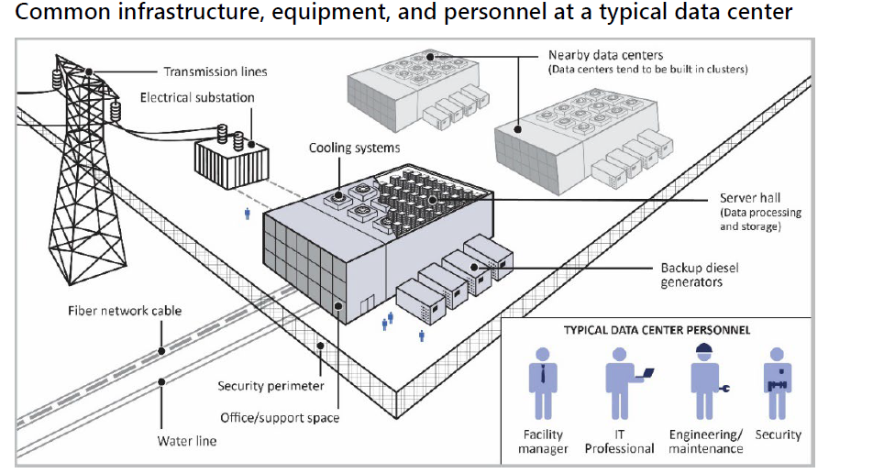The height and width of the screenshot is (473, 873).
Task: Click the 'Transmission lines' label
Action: coord(215,71)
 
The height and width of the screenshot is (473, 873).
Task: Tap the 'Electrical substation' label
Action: coord(197,97)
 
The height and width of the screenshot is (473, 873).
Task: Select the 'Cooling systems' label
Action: coord(354,148)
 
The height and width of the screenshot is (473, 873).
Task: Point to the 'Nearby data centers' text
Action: coord(605,55)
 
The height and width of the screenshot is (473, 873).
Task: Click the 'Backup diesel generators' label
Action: coord(700,275)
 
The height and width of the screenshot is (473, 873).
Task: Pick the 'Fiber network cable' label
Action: coord(125,311)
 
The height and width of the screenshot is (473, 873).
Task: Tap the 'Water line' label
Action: coord(187,441)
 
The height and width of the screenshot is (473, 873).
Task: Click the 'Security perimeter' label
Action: coord(271,386)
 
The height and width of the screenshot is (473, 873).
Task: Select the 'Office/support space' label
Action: coord(280,418)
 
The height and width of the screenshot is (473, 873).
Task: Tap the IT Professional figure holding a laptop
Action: coord(623,383)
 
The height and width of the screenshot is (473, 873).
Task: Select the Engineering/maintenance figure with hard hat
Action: coord(704,383)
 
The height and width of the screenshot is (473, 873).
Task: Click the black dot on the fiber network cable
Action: coord(160,350)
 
